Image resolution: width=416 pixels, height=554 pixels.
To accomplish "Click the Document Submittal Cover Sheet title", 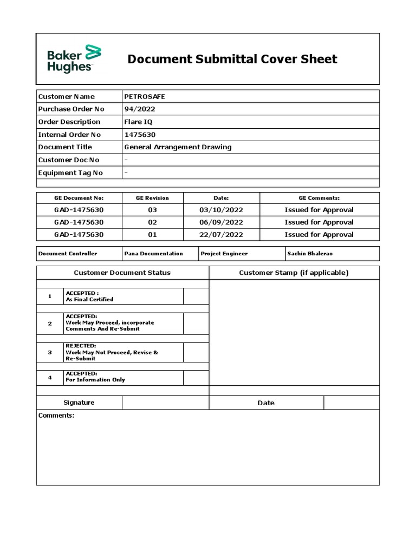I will (232, 59).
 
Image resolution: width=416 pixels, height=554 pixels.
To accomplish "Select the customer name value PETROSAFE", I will (145, 96).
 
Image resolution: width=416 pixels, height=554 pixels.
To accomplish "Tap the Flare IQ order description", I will (138, 122).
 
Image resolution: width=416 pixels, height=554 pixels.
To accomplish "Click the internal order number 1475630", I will (140, 134).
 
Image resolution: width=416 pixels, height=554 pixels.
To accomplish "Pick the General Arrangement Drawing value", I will (178, 147).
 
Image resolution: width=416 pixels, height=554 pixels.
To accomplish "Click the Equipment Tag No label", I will (70, 173).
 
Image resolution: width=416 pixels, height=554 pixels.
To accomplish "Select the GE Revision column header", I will (152, 198).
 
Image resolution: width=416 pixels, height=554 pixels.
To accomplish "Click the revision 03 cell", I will (152, 210).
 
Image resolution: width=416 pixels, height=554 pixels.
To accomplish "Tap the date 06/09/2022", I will (222, 222).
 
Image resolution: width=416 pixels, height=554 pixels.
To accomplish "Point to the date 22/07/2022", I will (222, 235).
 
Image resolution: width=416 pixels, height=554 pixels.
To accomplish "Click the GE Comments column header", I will (319, 198).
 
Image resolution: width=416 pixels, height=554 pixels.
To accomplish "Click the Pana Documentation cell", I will (154, 253).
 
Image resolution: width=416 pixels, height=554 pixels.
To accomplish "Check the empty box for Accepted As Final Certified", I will (196, 296).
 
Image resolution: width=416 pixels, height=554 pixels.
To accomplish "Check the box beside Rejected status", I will (196, 352).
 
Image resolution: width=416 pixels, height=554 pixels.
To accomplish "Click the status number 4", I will (50, 377).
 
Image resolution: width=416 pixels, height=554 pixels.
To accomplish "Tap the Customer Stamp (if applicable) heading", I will (294, 273).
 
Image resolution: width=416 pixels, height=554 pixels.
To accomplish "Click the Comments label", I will (56, 415).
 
